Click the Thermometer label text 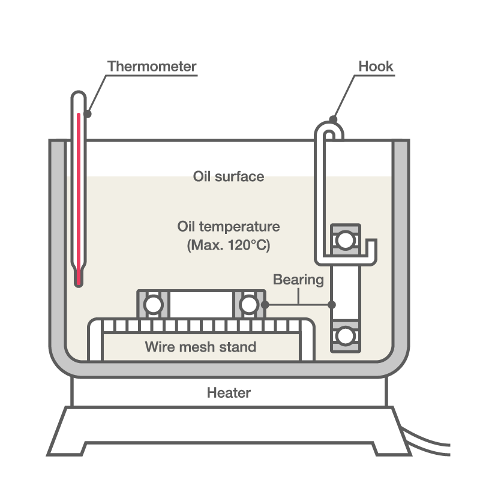[x=152, y=66]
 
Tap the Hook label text [x=376, y=66]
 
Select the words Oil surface [x=229, y=176]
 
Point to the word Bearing [x=298, y=280]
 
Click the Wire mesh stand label [x=200, y=347]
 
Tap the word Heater [x=229, y=394]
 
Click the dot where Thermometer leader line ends [x=88, y=113]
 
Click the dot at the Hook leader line [x=333, y=119]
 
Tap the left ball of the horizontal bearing [x=153, y=305]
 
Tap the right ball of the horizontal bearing [x=249, y=305]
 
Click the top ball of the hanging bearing [x=344, y=240]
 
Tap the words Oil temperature [x=229, y=227]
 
